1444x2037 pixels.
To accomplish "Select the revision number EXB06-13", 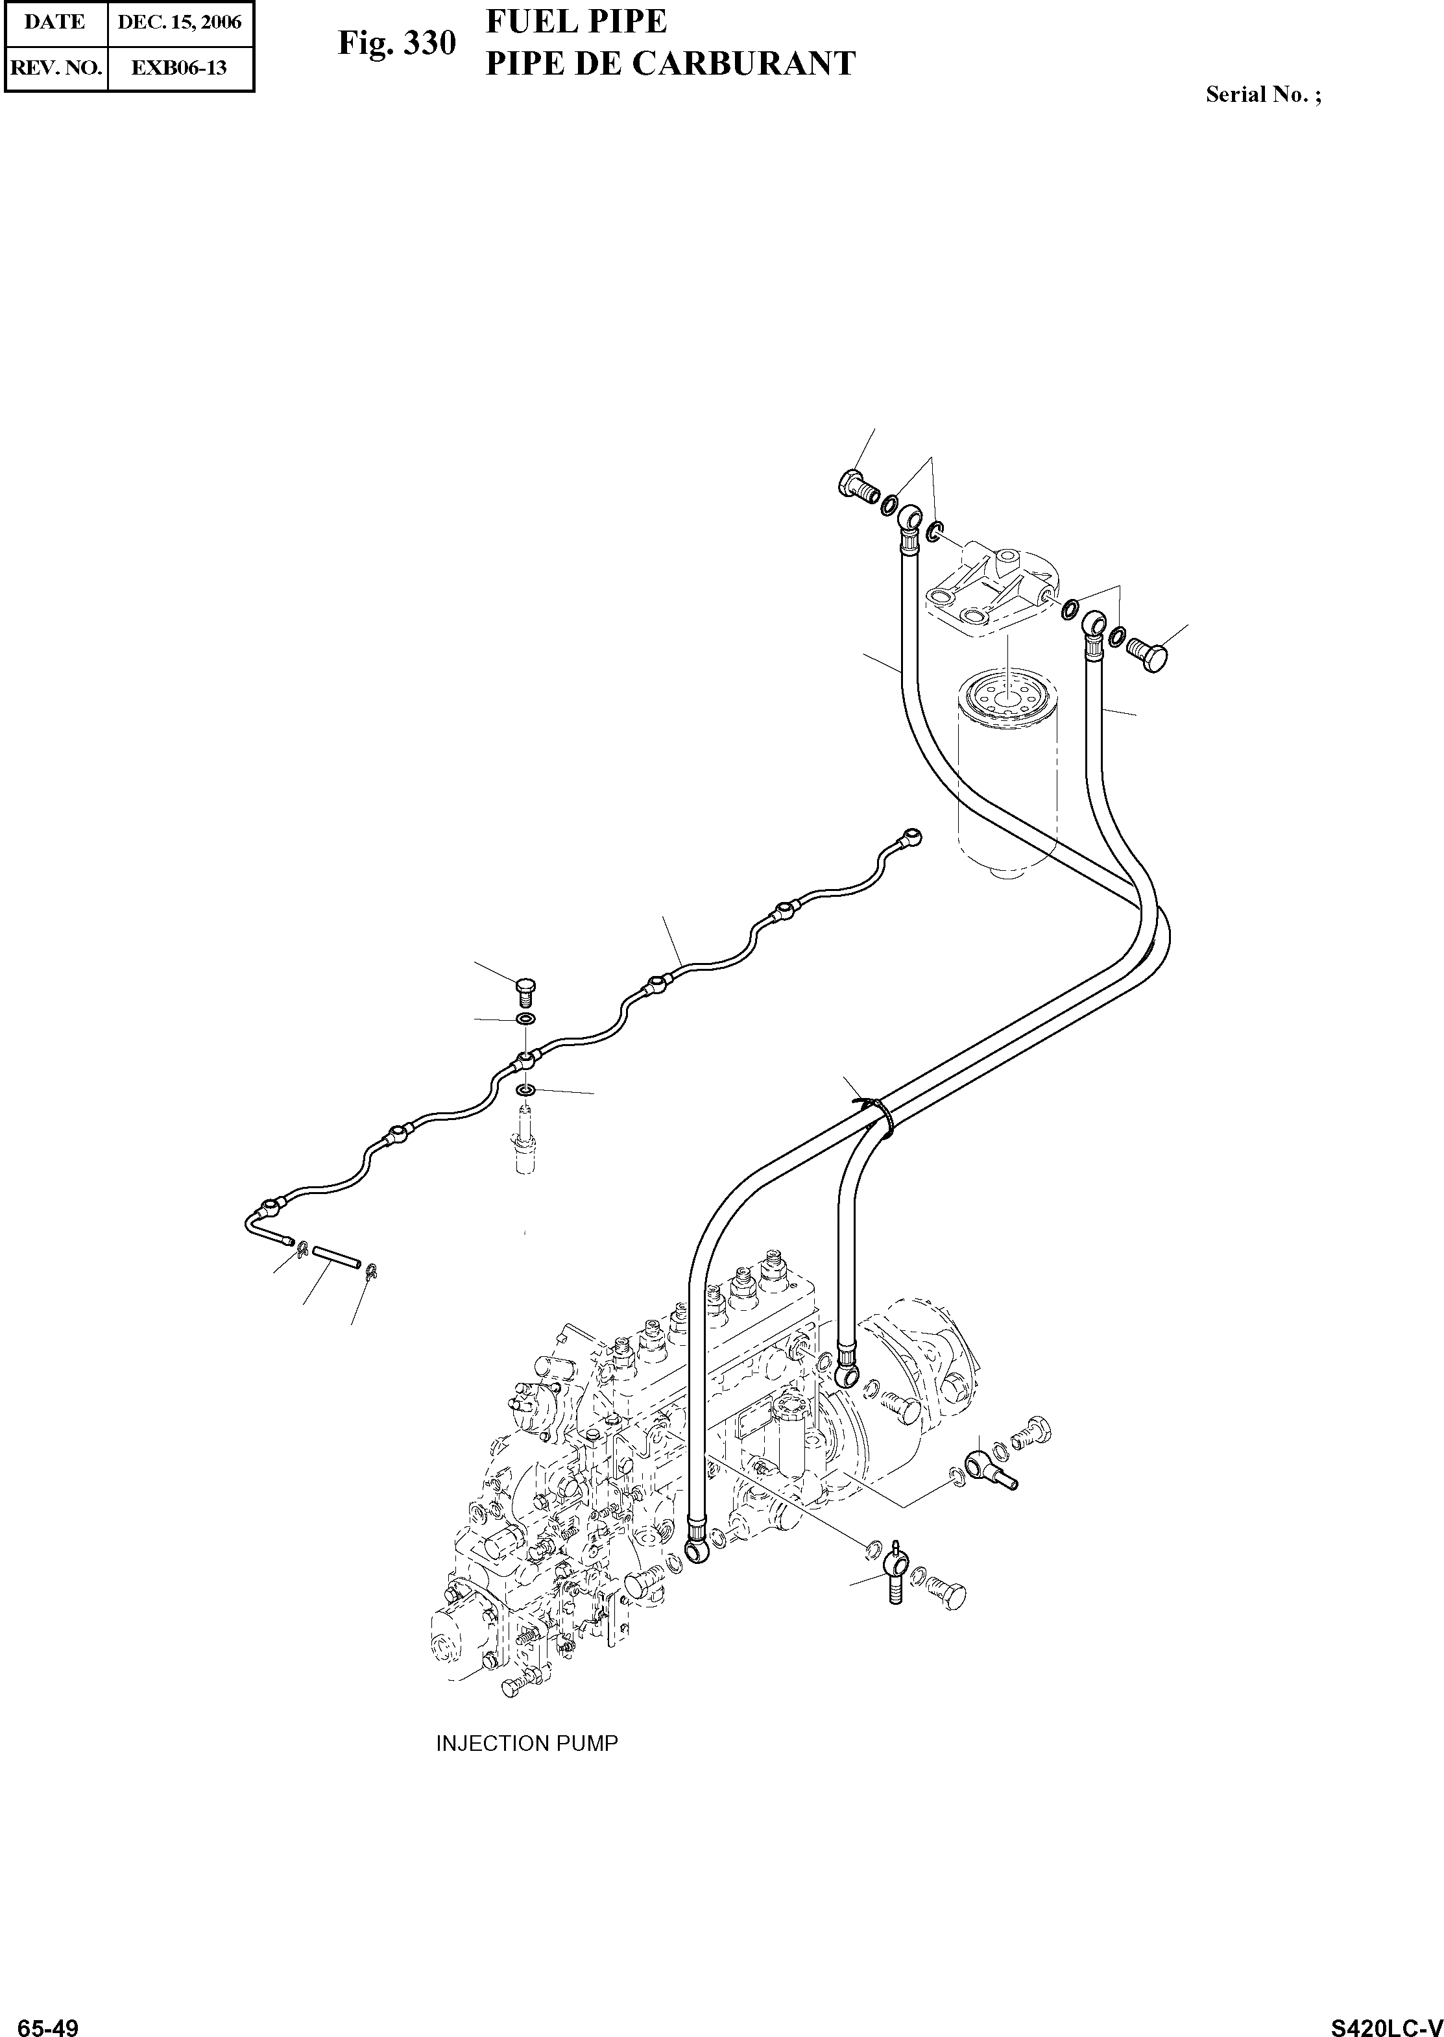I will click(x=179, y=67).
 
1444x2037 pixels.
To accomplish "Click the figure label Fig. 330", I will click(x=396, y=43).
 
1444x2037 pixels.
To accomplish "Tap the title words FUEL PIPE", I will click(x=576, y=22).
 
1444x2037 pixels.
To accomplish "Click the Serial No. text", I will click(x=1262, y=94).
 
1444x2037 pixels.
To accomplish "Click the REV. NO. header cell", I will click(x=55, y=67).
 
